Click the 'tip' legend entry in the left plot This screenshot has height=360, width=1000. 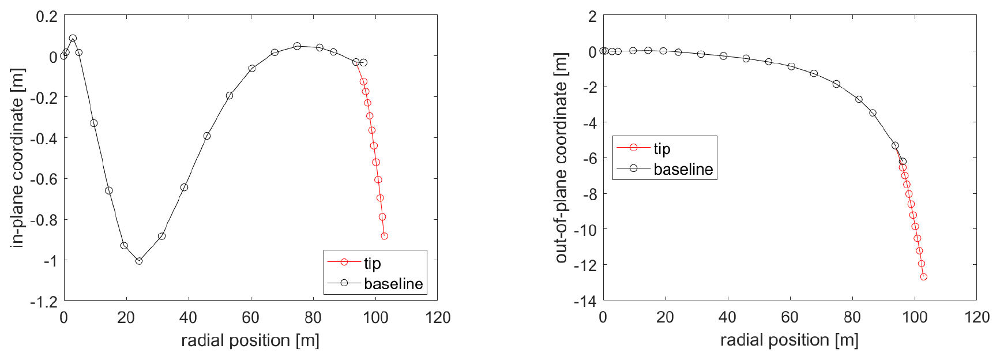coord(372,263)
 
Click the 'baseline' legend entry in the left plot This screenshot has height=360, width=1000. coord(393,284)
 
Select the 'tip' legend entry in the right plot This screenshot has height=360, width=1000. coord(661,149)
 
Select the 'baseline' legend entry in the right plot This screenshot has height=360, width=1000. coord(683,169)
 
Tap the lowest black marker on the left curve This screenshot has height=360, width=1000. coord(139,261)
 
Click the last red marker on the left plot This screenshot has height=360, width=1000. coord(385,236)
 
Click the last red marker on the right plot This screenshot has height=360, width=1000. coord(924,277)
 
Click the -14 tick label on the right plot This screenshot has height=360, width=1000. coord(585,301)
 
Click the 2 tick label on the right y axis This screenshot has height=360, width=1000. coord(592,16)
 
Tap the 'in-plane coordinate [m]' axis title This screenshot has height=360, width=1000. coord(17,158)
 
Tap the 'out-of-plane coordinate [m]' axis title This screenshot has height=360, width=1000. coord(561,158)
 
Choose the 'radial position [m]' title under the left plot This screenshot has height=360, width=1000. coord(250,340)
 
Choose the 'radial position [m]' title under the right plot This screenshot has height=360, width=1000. coord(789,340)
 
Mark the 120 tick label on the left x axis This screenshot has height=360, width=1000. coord(438,317)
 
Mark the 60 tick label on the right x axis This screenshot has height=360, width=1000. coord(790,317)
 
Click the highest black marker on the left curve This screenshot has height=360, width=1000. coord(73,39)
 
